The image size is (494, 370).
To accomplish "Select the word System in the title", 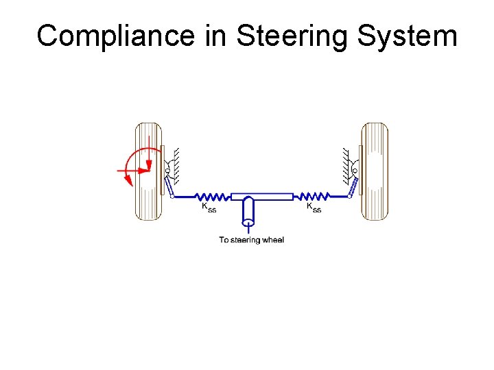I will point(407,36).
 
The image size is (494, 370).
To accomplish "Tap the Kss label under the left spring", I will point(209,207).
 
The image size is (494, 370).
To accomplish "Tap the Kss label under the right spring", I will point(314,207).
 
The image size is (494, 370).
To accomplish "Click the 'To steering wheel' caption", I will point(251,240).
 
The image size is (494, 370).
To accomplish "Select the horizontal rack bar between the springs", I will point(262,197).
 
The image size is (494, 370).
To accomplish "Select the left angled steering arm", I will point(168,186).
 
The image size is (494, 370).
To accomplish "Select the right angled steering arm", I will point(353,186).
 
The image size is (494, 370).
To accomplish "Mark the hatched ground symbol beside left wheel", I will point(176,164).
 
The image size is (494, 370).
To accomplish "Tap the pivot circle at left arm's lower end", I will point(172,197).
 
